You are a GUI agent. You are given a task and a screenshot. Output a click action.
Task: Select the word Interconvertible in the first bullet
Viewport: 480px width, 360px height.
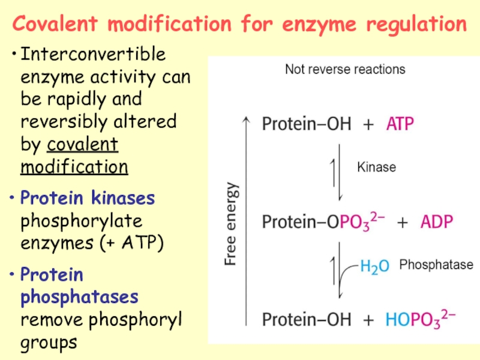click(x=93, y=55)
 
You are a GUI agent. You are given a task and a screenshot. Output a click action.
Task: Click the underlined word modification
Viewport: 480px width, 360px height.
click(x=74, y=166)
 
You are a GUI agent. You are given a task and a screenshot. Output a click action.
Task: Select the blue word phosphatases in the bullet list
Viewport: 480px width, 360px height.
click(x=79, y=297)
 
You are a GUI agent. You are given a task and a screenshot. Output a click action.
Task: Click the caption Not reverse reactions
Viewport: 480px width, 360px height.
click(x=345, y=69)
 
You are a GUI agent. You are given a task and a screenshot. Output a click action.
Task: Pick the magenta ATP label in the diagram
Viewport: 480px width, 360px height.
click(x=400, y=125)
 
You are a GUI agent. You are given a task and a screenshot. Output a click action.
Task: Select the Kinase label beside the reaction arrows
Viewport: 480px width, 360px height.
click(x=376, y=167)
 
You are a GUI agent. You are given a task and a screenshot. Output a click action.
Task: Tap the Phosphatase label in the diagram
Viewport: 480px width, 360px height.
click(x=436, y=265)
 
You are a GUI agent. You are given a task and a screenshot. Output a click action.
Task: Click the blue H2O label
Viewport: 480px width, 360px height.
click(x=374, y=265)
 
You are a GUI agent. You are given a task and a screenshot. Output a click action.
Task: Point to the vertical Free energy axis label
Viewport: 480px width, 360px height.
click(x=231, y=224)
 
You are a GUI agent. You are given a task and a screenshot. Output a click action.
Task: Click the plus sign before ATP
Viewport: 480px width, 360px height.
click(x=369, y=125)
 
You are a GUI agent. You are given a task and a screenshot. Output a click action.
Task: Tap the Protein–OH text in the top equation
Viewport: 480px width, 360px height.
click(x=306, y=125)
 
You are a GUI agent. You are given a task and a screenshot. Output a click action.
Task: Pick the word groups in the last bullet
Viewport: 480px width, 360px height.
click(x=49, y=342)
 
